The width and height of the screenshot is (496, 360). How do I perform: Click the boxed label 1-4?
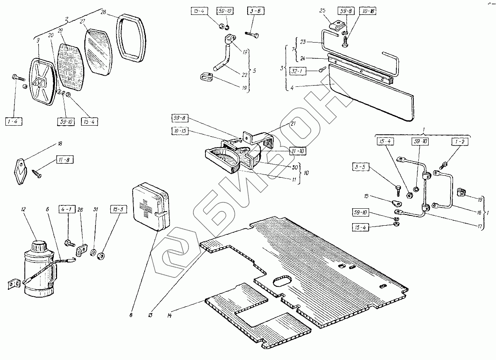point(14,122)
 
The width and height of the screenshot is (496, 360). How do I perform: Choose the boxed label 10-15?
point(179,131)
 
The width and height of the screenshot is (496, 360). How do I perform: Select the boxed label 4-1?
point(67,209)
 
